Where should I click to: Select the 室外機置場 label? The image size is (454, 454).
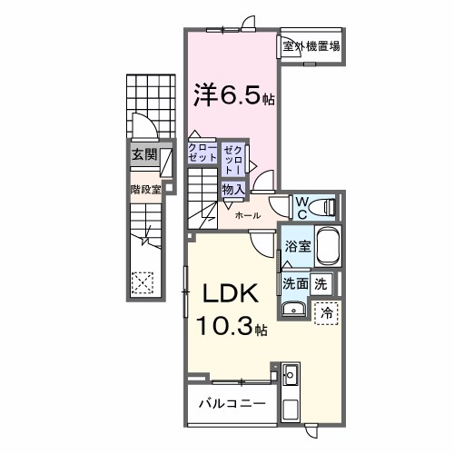[x=311, y=46]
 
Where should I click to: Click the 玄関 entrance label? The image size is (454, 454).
[x=143, y=155]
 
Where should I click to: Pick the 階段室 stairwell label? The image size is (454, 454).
[x=145, y=190]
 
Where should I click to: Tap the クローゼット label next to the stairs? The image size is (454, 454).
[x=202, y=152]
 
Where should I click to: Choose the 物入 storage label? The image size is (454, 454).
[x=232, y=189]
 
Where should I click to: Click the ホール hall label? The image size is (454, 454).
[x=248, y=215]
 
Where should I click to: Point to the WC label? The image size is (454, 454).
[x=301, y=205]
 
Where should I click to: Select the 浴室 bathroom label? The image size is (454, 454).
[x=297, y=246]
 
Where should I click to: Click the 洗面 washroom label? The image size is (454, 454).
[x=294, y=282]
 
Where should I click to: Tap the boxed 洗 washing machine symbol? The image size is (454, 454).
[x=321, y=282]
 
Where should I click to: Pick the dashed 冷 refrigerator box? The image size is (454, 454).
[x=326, y=311]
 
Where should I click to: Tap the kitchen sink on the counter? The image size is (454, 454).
[x=291, y=374]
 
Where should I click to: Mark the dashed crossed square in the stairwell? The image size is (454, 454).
[x=141, y=282]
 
